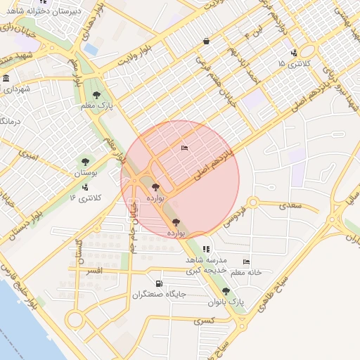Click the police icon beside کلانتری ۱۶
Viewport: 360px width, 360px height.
[x=85, y=187]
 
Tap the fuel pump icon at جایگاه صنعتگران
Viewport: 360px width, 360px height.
[x=159, y=284]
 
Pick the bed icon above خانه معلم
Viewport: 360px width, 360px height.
[x=245, y=262]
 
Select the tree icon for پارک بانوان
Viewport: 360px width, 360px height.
[x=226, y=291]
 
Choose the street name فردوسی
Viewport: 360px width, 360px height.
[x=234, y=216]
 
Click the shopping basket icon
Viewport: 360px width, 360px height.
[x=205, y=41]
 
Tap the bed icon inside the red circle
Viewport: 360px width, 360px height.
[x=184, y=148]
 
